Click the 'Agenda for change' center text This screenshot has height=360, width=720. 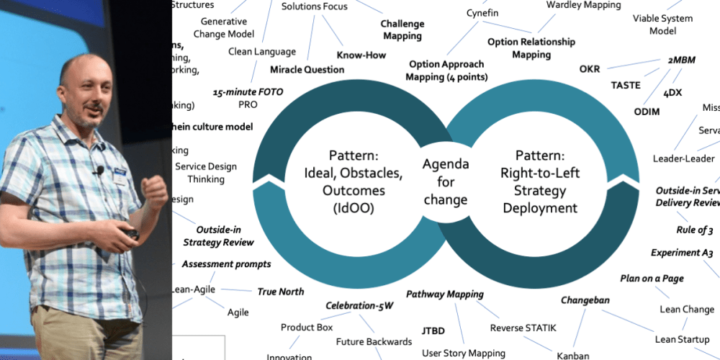[446, 181]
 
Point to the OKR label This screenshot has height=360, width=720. [590, 69]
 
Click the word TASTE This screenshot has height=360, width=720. [625, 85]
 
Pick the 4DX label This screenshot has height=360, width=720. [672, 93]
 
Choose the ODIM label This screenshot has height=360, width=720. [646, 112]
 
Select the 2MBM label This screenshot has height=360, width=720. [681, 60]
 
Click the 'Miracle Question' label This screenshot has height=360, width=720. [307, 70]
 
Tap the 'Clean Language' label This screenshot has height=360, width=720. [261, 52]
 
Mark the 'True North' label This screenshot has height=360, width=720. [281, 292]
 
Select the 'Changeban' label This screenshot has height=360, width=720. [585, 300]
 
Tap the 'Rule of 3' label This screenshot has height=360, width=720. [694, 230]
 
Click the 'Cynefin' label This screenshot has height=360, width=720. [484, 13]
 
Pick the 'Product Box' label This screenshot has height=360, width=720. [307, 327]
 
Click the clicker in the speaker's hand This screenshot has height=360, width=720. [130, 233]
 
